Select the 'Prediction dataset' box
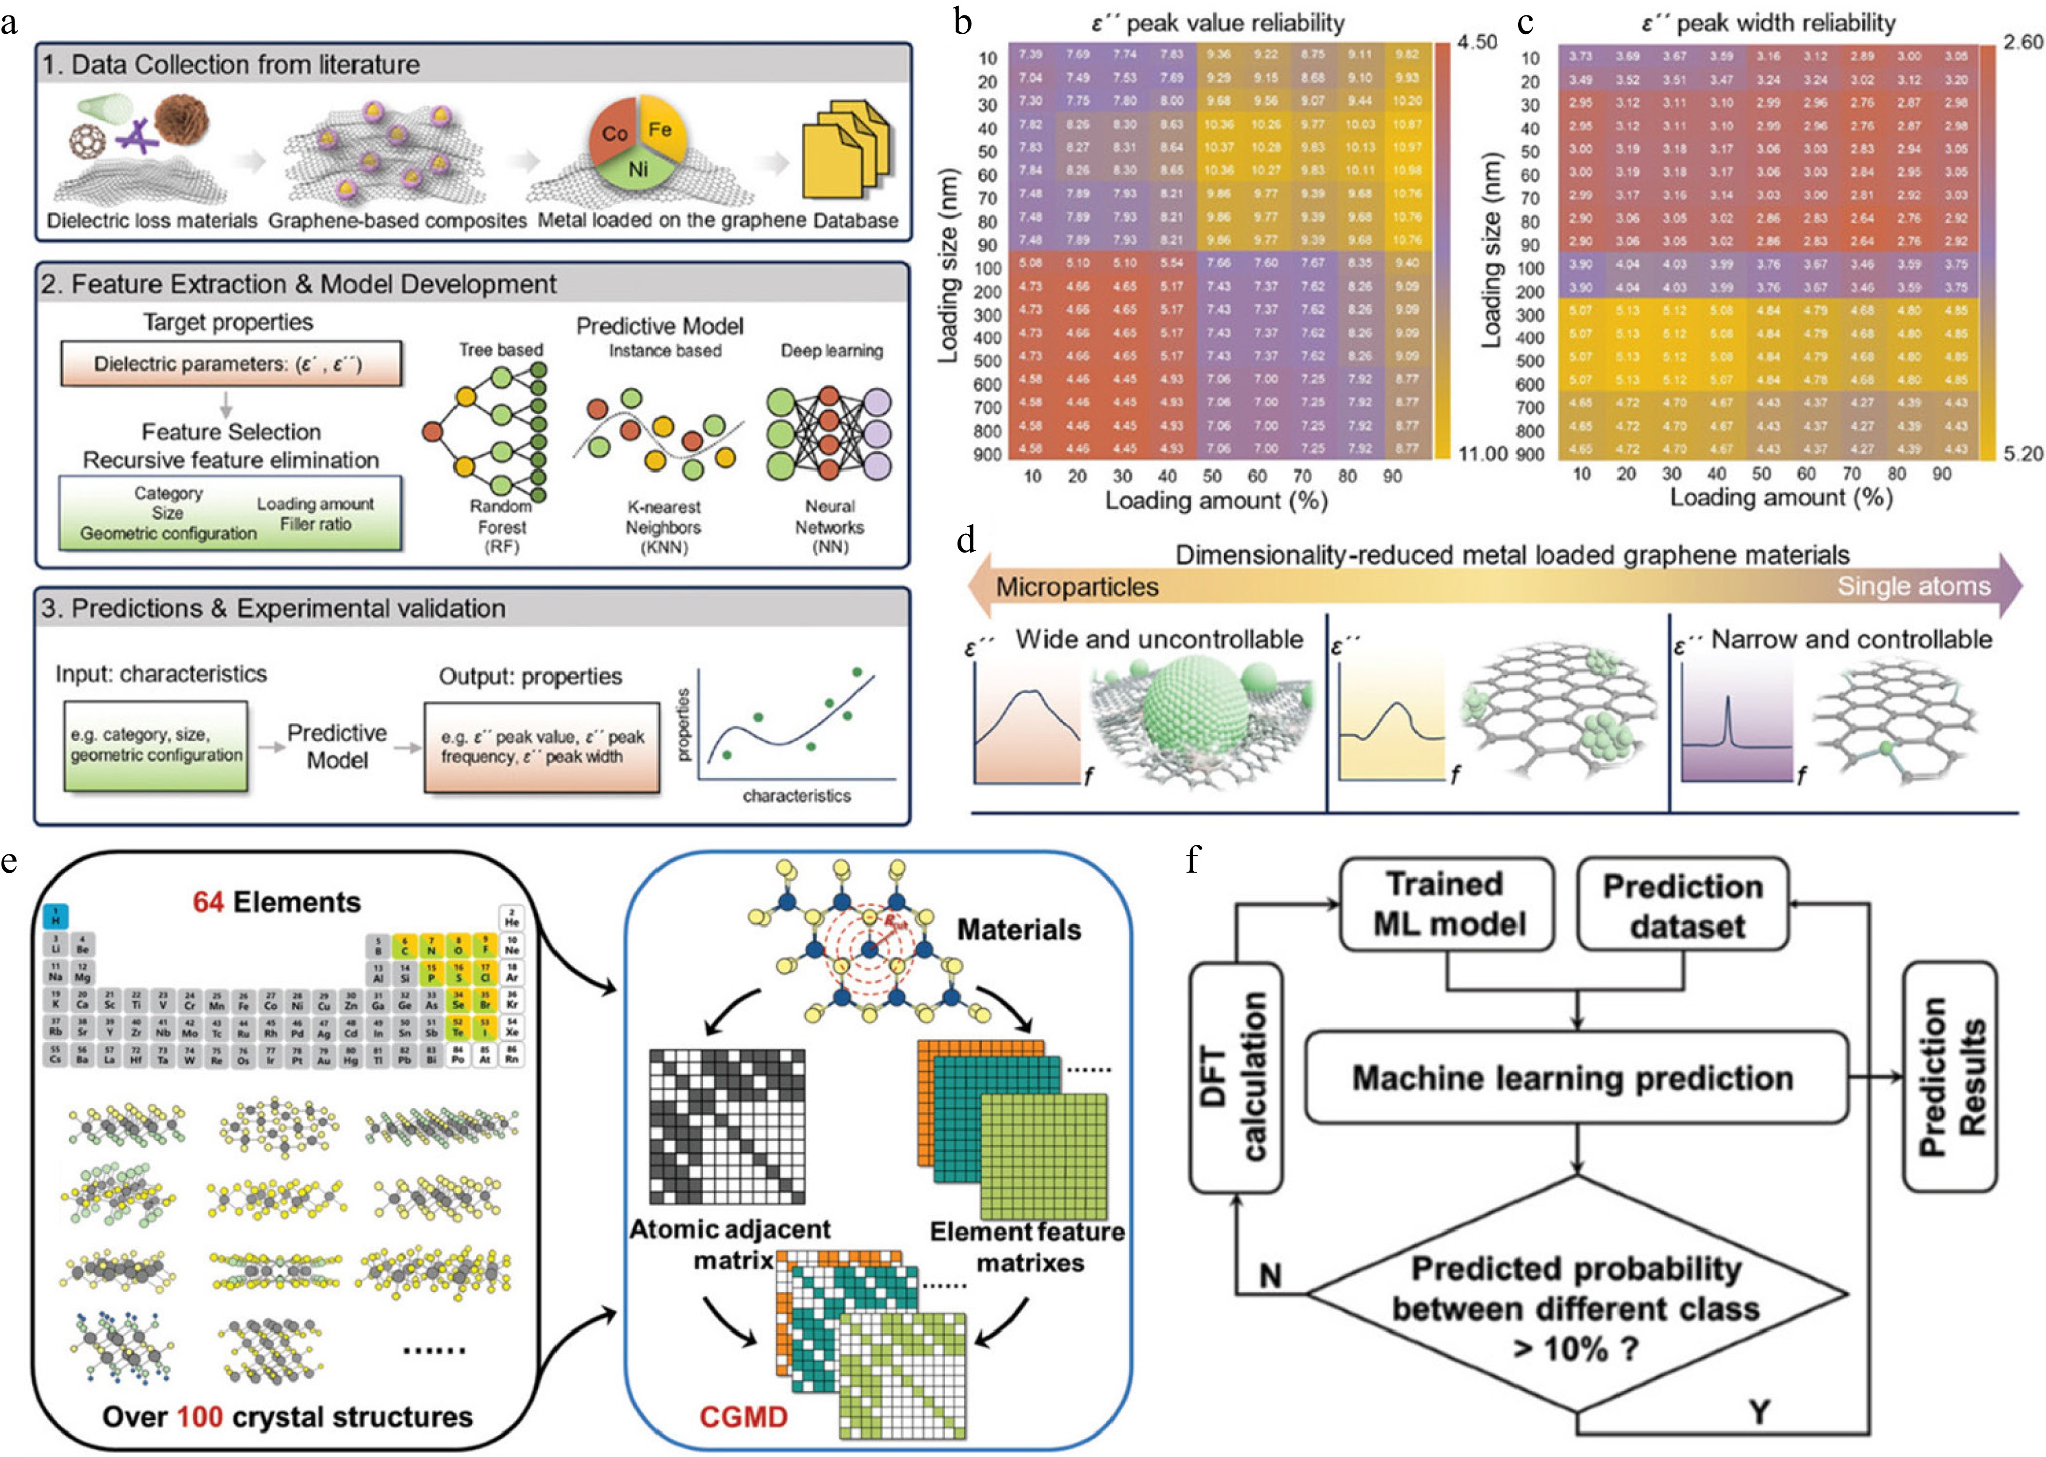point(1683,904)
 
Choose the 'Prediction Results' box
point(1949,1077)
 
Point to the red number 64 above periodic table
point(208,903)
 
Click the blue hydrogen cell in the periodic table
point(56,916)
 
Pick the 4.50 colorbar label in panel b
point(1476,42)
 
